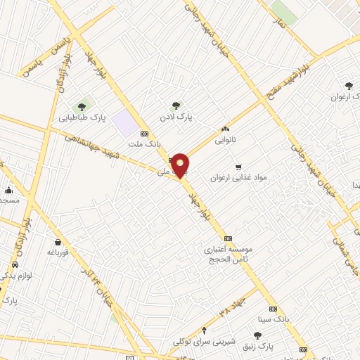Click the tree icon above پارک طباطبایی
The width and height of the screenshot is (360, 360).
click(x=82, y=107)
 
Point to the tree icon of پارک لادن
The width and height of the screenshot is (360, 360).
click(x=176, y=105)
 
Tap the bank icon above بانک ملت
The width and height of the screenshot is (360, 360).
click(x=145, y=134)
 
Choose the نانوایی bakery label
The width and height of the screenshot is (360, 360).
click(x=226, y=139)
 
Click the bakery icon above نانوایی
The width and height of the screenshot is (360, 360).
click(x=225, y=129)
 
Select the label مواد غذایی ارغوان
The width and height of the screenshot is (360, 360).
click(x=238, y=178)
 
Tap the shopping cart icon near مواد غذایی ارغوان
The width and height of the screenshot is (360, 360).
click(x=238, y=167)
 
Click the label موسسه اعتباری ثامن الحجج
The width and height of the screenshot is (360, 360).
click(x=232, y=254)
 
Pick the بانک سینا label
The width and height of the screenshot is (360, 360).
click(x=274, y=319)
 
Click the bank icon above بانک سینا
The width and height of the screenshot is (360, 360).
click(x=274, y=309)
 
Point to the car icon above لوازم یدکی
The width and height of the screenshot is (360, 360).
click(x=14, y=266)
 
